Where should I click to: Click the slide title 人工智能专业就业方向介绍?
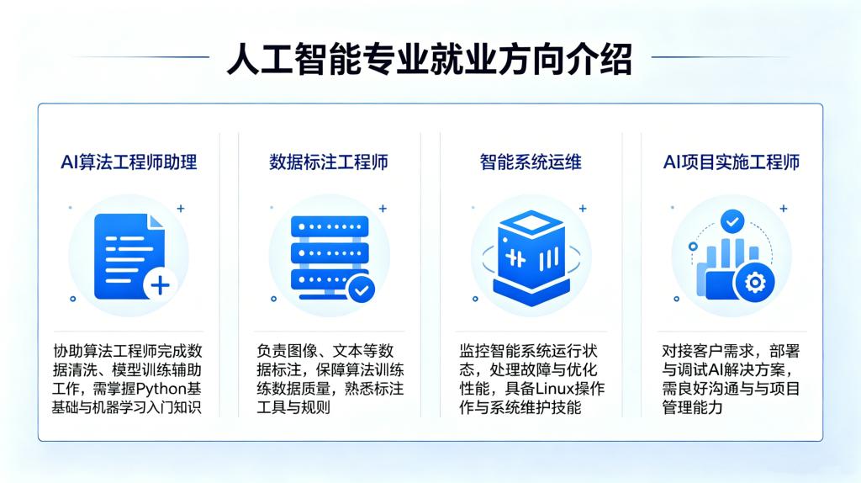430,58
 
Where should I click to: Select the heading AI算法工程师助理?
129,162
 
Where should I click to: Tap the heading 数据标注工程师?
329,162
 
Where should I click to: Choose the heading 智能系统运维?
531,162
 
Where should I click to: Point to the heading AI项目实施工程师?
732,162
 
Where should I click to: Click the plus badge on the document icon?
160,285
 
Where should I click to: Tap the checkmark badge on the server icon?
362,289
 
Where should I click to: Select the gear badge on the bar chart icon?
754,283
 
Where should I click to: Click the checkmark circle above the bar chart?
732,221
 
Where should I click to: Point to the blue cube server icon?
531,257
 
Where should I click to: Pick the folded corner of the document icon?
156,221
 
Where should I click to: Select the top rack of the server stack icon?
330,226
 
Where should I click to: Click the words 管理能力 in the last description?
693,408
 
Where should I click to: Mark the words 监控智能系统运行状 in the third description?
528,351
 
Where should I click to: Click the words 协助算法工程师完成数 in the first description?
128,351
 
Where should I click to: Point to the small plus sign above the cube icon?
583,208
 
